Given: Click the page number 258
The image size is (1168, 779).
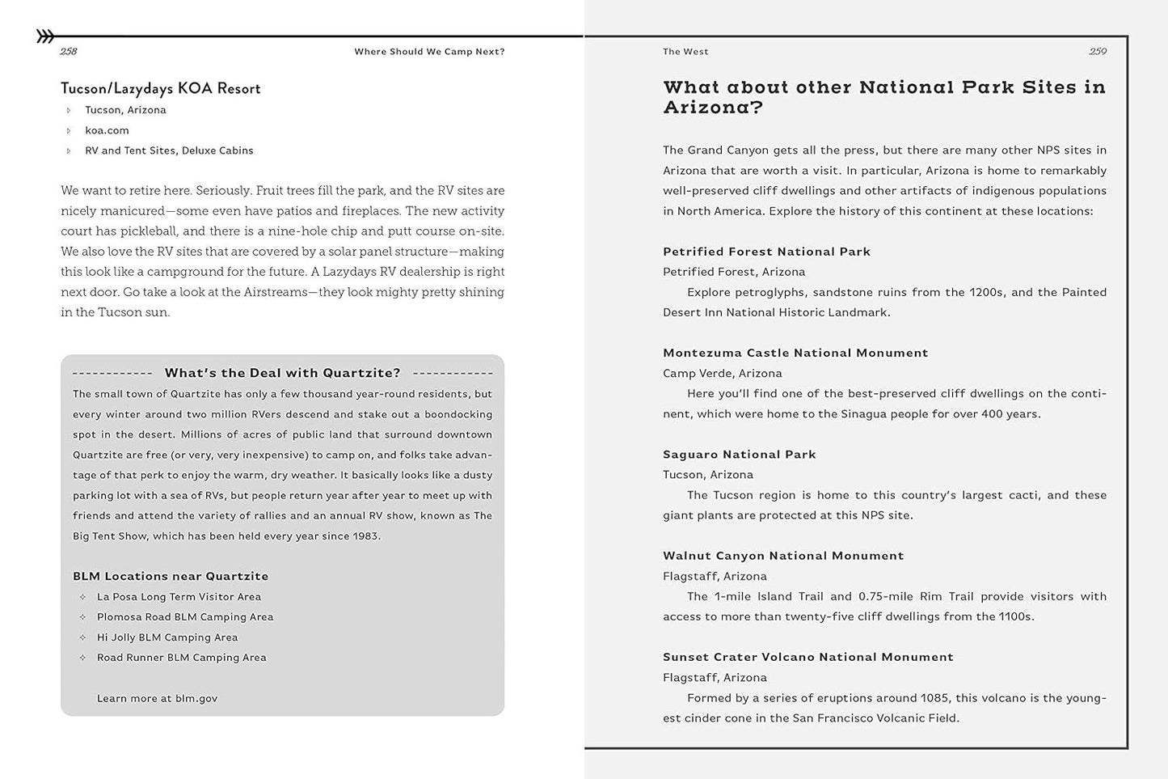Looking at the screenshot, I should [69, 52].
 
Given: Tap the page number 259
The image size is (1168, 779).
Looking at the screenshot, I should [1097, 52].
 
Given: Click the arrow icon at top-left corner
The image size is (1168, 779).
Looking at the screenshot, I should [45, 36].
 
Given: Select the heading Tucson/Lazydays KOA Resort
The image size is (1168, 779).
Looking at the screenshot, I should [160, 88].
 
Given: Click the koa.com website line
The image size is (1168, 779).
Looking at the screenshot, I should [107, 130].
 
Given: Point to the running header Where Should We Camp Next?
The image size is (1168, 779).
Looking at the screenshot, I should [429, 52].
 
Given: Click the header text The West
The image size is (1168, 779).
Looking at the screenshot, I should [685, 52].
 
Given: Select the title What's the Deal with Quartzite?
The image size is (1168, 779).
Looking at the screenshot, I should [282, 373].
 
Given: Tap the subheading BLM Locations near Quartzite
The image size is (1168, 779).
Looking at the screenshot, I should [171, 576].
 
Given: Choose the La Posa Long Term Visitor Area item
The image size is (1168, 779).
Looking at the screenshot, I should [179, 597].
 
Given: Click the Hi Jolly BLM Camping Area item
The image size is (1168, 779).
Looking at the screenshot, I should [167, 637].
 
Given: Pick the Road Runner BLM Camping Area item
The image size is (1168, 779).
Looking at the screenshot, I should [181, 658].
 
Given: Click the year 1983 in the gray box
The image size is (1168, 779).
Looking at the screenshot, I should [365, 536].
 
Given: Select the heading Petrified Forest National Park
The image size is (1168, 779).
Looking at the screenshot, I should [766, 252].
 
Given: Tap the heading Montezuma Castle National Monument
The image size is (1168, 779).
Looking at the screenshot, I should [795, 353].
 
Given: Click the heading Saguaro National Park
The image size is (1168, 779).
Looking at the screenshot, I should [739, 455].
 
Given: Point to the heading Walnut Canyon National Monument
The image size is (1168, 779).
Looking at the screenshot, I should [783, 556].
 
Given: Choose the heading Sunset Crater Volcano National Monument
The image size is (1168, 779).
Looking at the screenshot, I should [807, 657].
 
